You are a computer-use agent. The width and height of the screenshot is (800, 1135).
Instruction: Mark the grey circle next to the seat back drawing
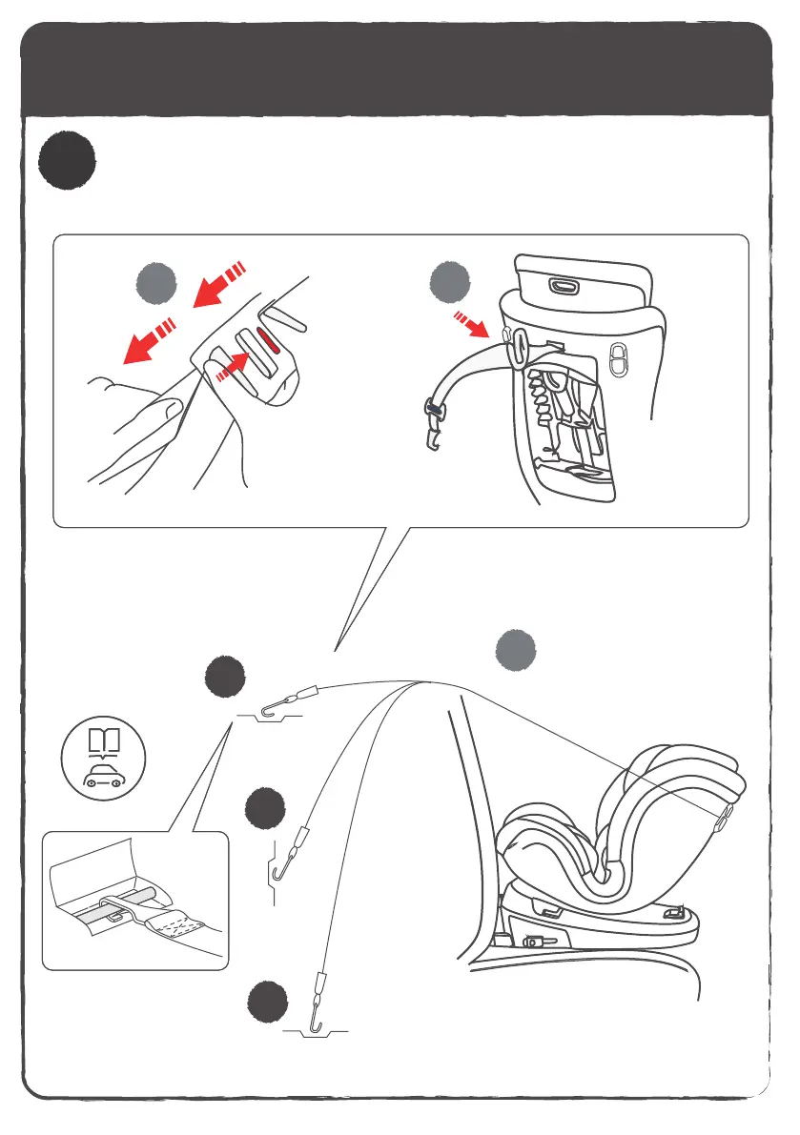(450, 283)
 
